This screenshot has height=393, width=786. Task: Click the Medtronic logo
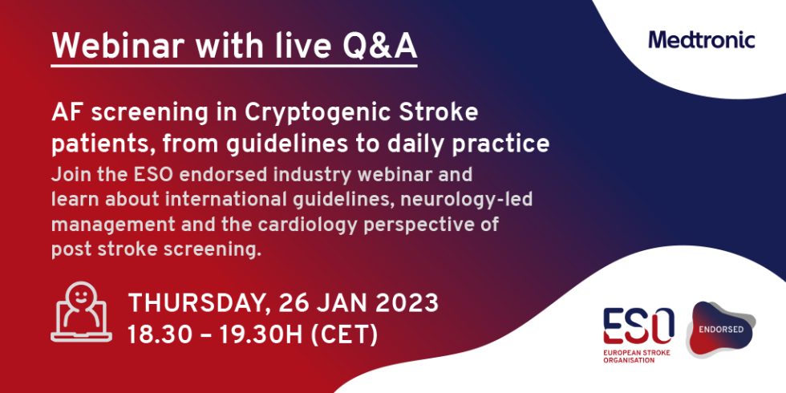(701, 40)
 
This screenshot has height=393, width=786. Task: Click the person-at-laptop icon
(81, 312)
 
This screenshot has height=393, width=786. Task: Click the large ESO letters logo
(638, 326)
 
